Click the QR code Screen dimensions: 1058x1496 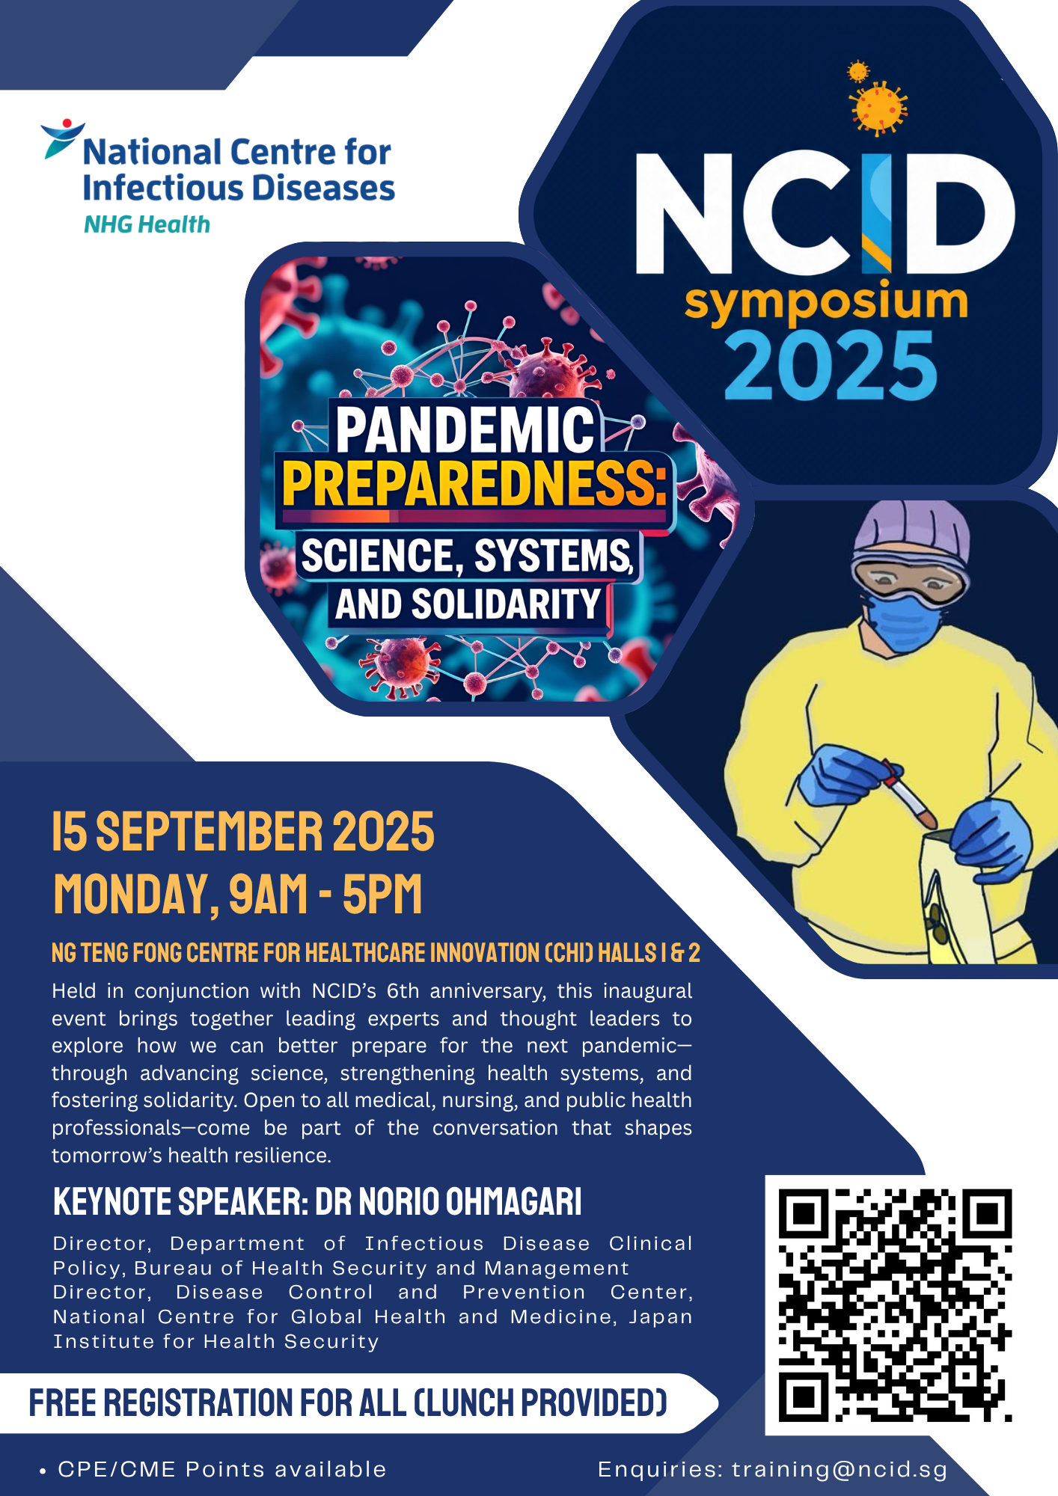pos(895,1305)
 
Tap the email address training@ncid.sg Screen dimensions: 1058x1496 pos(840,1470)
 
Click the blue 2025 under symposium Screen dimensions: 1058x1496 pos(831,366)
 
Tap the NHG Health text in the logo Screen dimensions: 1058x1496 pos(147,224)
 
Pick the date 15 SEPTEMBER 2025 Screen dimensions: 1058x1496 pos(243,832)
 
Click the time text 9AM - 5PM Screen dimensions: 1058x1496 pos(326,894)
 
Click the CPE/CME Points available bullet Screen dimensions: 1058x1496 pos(213,1470)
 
